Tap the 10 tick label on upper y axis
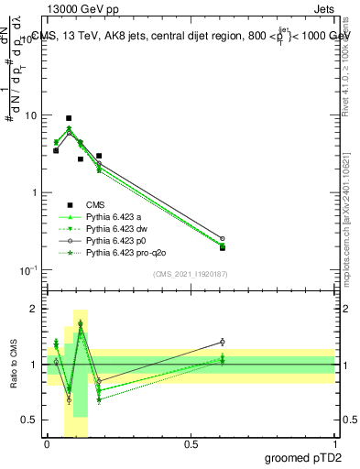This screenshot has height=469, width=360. click(31, 116)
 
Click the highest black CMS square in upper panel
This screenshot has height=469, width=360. click(69, 118)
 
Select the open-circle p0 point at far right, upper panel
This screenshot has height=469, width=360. click(223, 238)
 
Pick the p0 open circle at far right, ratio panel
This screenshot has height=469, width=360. click(223, 342)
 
